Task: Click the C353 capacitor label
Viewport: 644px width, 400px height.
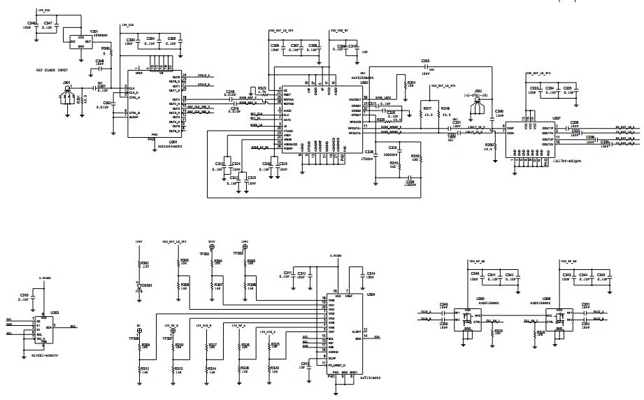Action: point(425,61)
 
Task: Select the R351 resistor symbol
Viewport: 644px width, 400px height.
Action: point(404,87)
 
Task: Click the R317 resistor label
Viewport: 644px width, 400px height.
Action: point(427,108)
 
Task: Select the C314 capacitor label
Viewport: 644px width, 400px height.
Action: point(371,273)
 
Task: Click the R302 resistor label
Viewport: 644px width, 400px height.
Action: point(145,263)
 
